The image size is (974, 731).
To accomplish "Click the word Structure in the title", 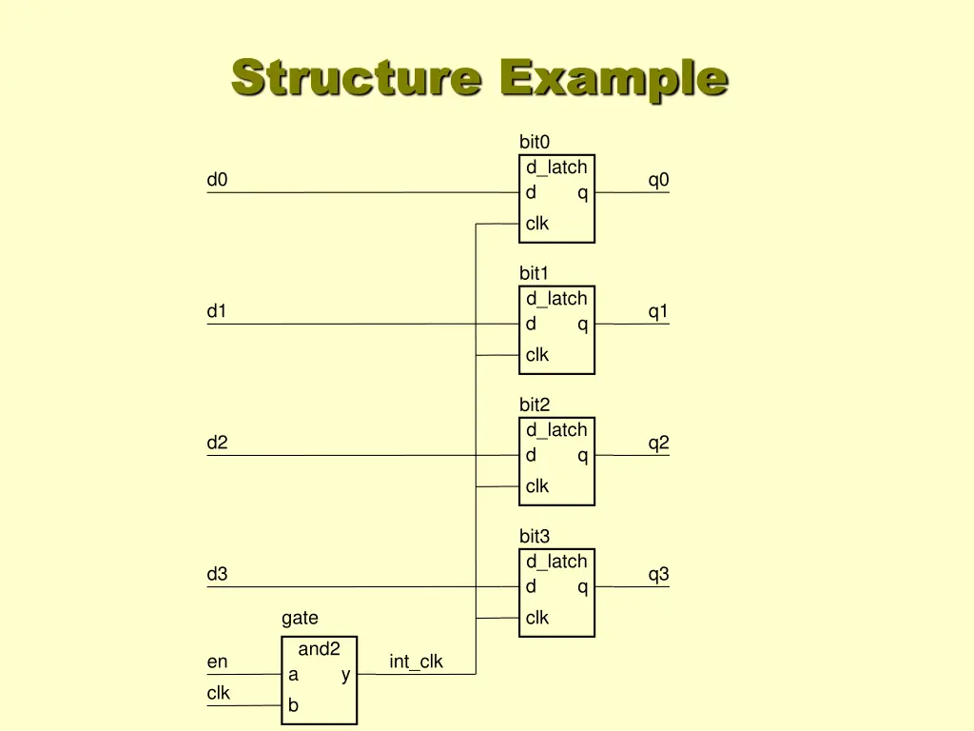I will (356, 78).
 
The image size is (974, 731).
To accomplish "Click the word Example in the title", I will (614, 78).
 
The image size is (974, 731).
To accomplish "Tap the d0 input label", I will (217, 180).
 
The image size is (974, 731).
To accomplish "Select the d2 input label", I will (217, 443).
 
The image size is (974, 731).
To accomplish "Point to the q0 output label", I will (658, 180).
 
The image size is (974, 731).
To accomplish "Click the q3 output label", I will (658, 574).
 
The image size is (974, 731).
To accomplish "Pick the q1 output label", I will (658, 311).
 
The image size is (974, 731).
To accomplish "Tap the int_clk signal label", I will (416, 662).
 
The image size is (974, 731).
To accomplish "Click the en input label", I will (217, 662).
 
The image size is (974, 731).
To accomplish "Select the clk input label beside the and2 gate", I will (218, 693).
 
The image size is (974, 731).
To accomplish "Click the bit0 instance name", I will (535, 142).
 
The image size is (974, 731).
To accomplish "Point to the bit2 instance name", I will (535, 405).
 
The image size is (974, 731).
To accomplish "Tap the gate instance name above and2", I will (300, 619).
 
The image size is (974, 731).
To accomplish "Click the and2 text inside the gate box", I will (319, 649).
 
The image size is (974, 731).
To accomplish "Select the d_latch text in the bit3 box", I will (556, 562).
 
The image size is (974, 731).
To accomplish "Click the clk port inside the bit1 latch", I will (537, 355).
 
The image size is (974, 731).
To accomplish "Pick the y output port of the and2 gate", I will (345, 675).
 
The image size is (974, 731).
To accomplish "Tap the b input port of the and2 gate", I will (294, 705).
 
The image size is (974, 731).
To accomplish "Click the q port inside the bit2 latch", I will (582, 456).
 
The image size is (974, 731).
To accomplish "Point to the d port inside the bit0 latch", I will (531, 192).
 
